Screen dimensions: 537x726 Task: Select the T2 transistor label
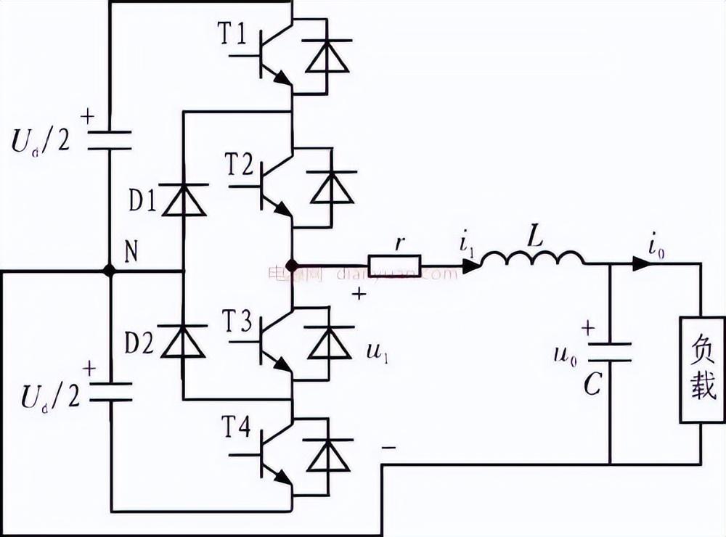tap(240, 165)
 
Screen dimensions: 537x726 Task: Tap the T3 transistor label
tap(239, 320)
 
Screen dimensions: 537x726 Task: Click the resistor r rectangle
tap(395, 266)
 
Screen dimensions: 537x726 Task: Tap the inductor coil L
tap(532, 260)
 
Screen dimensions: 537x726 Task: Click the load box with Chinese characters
tap(701, 370)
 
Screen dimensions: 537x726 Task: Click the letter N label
tap(131, 252)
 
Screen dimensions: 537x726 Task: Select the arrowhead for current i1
tap(470, 266)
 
